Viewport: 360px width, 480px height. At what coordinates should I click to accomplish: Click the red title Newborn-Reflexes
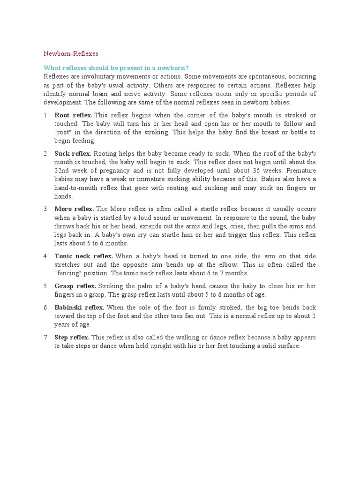coord(71,54)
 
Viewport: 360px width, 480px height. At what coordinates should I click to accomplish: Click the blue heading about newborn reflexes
coord(116,68)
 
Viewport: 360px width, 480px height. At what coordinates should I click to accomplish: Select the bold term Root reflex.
coord(74,115)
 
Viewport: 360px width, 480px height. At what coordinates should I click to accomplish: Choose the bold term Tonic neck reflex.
coord(84,256)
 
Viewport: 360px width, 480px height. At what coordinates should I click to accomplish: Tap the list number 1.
coord(45,115)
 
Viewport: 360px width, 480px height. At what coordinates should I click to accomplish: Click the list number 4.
coord(46,256)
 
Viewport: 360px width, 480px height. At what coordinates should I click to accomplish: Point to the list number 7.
coord(46,337)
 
